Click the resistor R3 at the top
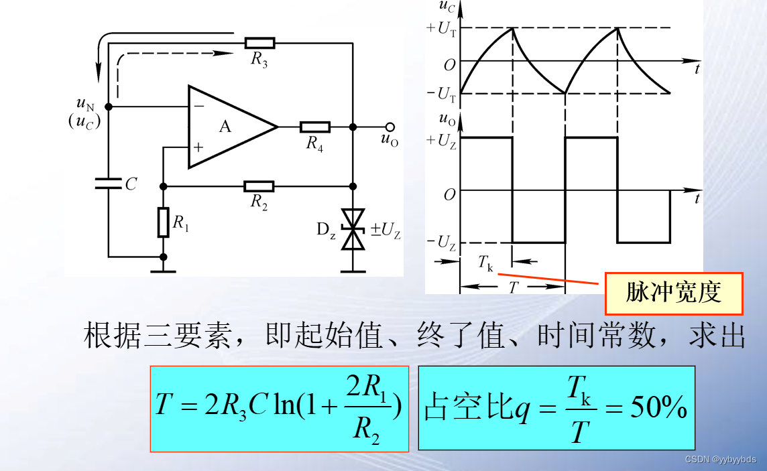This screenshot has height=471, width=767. pyautogui.click(x=259, y=44)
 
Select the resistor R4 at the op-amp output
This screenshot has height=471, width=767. pyautogui.click(x=314, y=127)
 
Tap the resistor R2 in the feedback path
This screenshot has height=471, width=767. pyautogui.click(x=259, y=186)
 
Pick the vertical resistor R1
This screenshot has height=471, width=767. pyautogui.click(x=163, y=222)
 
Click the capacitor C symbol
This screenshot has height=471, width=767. pyautogui.click(x=108, y=183)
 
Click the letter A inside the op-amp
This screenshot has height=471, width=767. pyautogui.click(x=225, y=126)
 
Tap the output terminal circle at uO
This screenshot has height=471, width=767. pyautogui.click(x=390, y=127)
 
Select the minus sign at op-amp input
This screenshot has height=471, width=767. pyautogui.click(x=198, y=107)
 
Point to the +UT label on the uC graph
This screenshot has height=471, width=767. pyautogui.click(x=440, y=28)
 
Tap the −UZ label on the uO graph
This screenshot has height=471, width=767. pyautogui.click(x=442, y=243)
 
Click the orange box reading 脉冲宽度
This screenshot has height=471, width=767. pyautogui.click(x=674, y=293)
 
